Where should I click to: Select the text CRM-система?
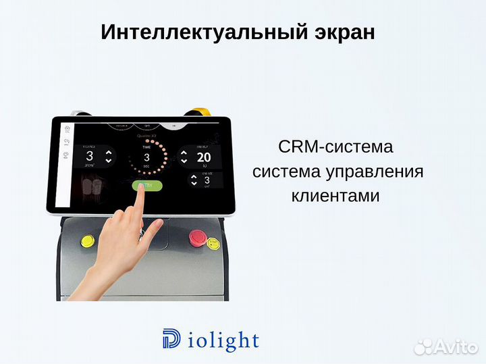click(x=335, y=147)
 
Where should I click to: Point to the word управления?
click(x=377, y=172)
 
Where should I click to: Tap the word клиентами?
click(x=335, y=196)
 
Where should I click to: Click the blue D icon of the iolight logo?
click(x=171, y=339)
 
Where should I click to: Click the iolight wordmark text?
click(x=221, y=340)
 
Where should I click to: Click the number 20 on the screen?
click(x=203, y=157)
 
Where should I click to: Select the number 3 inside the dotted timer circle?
click(x=146, y=157)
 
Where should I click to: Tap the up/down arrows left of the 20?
click(x=184, y=157)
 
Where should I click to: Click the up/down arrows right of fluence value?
click(x=109, y=157)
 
